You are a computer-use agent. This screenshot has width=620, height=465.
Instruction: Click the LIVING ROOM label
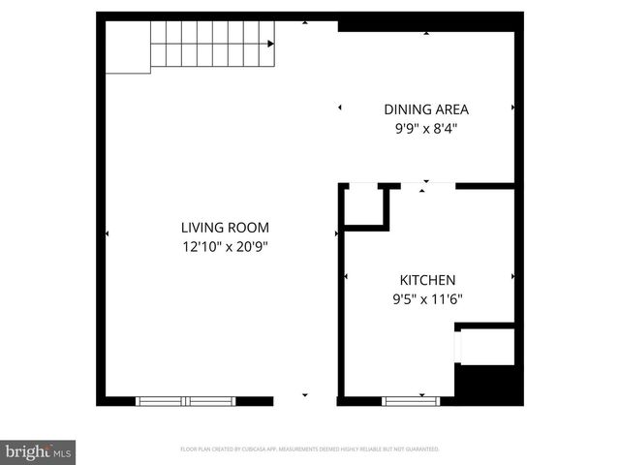pyautogui.click(x=224, y=228)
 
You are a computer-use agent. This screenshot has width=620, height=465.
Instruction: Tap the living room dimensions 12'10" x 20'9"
pyautogui.click(x=224, y=246)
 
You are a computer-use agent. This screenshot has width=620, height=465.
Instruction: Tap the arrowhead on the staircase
pyautogui.click(x=270, y=43)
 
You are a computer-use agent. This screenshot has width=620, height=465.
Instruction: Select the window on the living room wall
pyautogui.click(x=185, y=400)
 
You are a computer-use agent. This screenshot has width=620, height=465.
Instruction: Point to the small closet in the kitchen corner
pyautogui.click(x=366, y=204)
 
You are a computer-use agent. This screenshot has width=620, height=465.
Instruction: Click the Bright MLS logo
pyautogui.click(x=38, y=451)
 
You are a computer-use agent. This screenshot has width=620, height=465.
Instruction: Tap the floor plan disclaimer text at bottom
pyautogui.click(x=310, y=449)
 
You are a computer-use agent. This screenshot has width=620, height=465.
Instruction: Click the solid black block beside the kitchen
pyautogui.click(x=488, y=382)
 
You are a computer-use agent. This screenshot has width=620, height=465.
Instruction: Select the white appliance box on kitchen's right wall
pyautogui.click(x=485, y=346)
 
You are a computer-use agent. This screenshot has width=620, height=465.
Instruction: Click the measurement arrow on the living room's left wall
pyautogui.click(x=107, y=233)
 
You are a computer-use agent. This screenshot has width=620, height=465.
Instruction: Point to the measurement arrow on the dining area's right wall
pyautogui.click(x=511, y=108)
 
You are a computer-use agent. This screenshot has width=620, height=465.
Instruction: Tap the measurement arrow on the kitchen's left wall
pyautogui.click(x=346, y=277)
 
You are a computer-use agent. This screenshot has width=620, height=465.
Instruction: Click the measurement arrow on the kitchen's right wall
pyautogui.click(x=511, y=277)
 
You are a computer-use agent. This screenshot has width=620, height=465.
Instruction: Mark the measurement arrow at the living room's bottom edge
pyautogui.click(x=305, y=395)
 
